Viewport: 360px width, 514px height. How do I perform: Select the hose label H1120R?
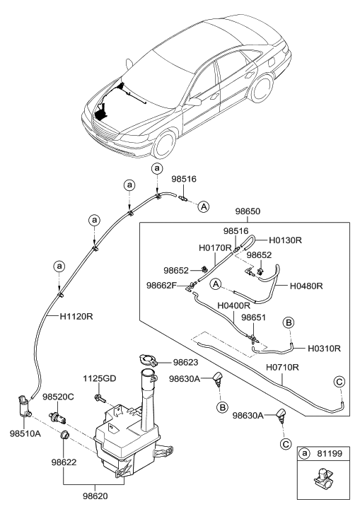tap(76, 316)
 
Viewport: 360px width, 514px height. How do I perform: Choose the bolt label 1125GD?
tap(99, 379)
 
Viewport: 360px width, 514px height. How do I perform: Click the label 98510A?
tap(25, 434)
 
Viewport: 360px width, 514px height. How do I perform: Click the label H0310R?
tap(324, 348)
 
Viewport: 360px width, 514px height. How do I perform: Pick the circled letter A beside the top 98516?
tap(203, 206)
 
